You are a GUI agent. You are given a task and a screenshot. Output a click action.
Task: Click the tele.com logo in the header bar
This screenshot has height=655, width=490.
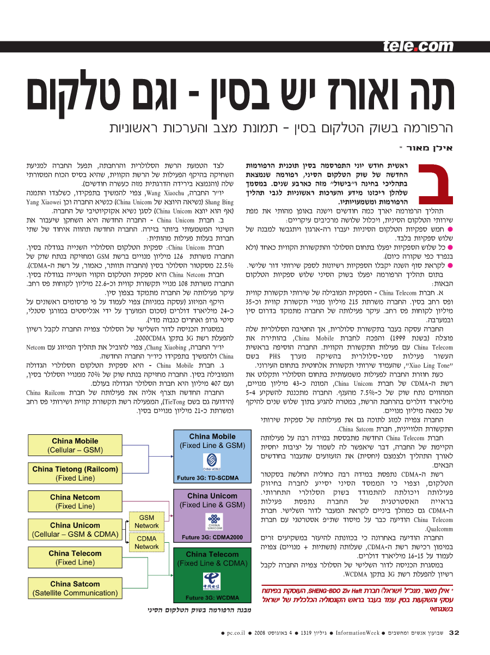tap(418, 46)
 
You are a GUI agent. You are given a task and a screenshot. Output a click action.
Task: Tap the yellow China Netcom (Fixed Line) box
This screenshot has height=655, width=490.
tap(75, 501)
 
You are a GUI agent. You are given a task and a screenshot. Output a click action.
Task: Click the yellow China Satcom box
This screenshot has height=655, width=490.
tap(75, 588)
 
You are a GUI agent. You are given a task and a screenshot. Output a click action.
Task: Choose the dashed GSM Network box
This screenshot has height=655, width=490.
tap(146, 521)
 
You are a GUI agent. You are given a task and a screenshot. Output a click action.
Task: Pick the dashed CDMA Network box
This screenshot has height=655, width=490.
tap(146, 542)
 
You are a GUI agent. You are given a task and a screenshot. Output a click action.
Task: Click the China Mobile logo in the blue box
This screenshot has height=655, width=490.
tap(211, 463)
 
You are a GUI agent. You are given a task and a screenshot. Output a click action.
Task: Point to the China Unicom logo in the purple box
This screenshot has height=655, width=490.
tap(212, 521)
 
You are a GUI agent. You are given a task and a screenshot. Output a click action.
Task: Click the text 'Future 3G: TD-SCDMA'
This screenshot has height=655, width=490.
tap(208, 478)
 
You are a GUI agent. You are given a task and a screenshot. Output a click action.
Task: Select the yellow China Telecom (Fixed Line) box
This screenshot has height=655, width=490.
tap(75, 557)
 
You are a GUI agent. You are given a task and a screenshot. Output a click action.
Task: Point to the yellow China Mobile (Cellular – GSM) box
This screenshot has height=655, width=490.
tap(75, 445)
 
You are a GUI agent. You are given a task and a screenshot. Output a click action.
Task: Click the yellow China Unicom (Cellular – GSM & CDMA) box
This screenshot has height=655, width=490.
tap(75, 530)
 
